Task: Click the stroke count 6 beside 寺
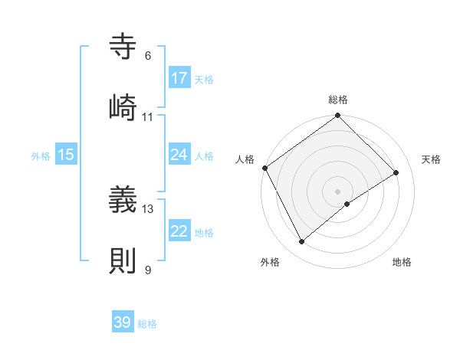coord(148,56)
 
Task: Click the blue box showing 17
coord(179,78)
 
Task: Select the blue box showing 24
coord(179,155)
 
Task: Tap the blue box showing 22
coord(179,231)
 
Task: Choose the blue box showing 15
coord(66,155)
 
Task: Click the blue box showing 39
coord(123,322)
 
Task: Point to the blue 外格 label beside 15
coord(41,155)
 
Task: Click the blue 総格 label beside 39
coord(147,323)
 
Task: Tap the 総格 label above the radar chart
coord(338,100)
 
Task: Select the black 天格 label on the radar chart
coord(432,159)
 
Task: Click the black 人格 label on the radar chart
coord(245,159)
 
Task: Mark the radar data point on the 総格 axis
coord(338,116)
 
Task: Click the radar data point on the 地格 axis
coord(347,204)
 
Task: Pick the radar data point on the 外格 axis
coord(302,241)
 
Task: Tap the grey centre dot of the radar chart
coord(338,191)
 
